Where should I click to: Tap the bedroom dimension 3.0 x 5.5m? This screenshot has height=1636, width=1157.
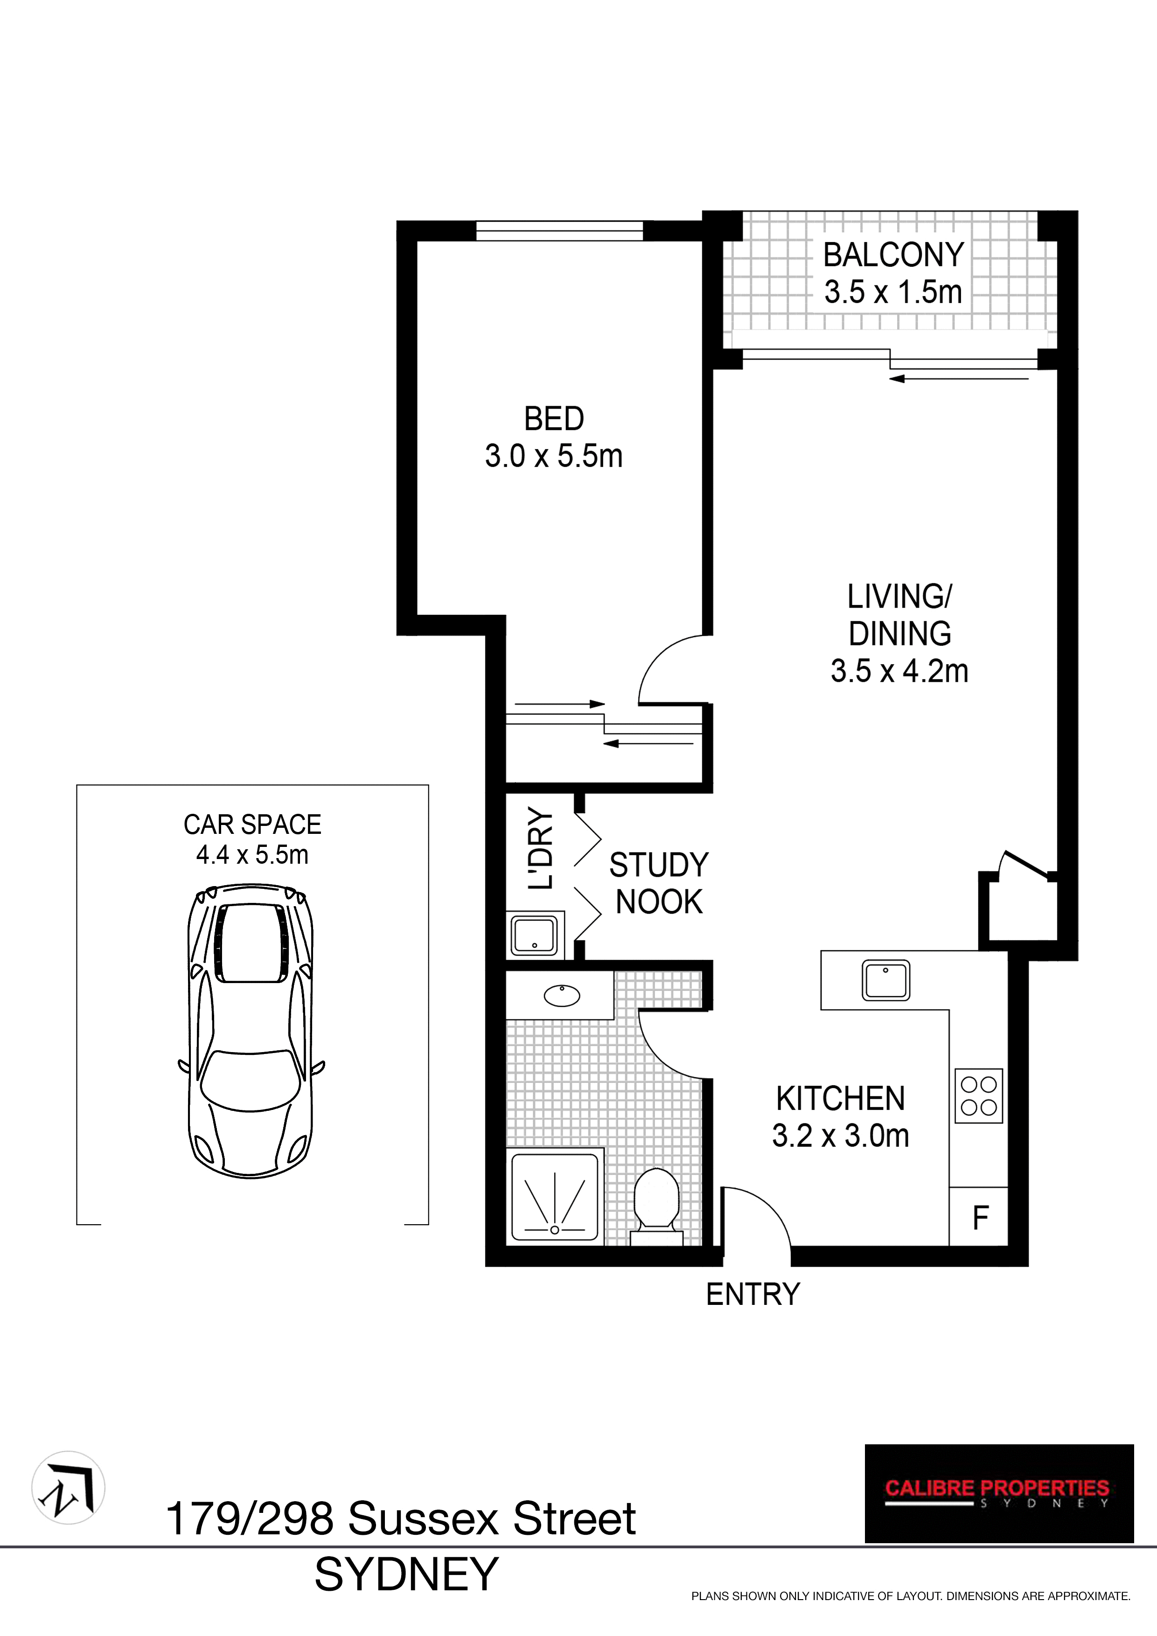click(553, 456)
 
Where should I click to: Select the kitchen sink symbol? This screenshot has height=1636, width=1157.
click(885, 980)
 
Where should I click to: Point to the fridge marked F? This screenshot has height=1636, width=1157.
click(980, 1219)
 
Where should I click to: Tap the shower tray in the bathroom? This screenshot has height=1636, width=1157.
click(555, 1198)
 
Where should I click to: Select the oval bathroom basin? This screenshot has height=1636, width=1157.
click(562, 995)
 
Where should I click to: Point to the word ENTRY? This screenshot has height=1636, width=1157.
click(753, 1295)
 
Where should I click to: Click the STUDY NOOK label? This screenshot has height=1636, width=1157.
click(659, 884)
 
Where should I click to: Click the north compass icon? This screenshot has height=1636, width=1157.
click(69, 1488)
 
